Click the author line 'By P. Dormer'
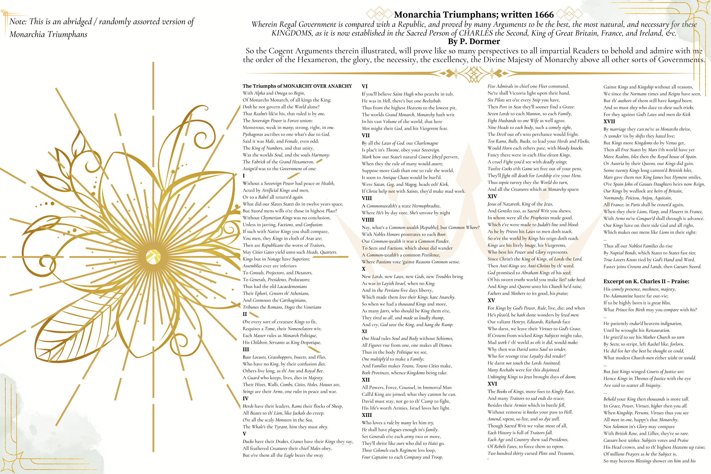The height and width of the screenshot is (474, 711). point(474,41)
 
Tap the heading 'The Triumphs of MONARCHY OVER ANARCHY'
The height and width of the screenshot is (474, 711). point(297,86)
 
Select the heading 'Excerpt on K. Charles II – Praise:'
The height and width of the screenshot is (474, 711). point(646,282)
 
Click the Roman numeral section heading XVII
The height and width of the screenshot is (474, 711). point(609,122)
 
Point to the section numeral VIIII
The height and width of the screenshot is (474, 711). point(368,220)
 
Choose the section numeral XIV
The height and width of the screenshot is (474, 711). point(492,196)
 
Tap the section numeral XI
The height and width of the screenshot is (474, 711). point(364,331)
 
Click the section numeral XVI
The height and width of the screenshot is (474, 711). point(492,384)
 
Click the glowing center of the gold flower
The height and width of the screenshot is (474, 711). point(153,257)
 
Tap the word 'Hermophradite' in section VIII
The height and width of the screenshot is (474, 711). point(426,206)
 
